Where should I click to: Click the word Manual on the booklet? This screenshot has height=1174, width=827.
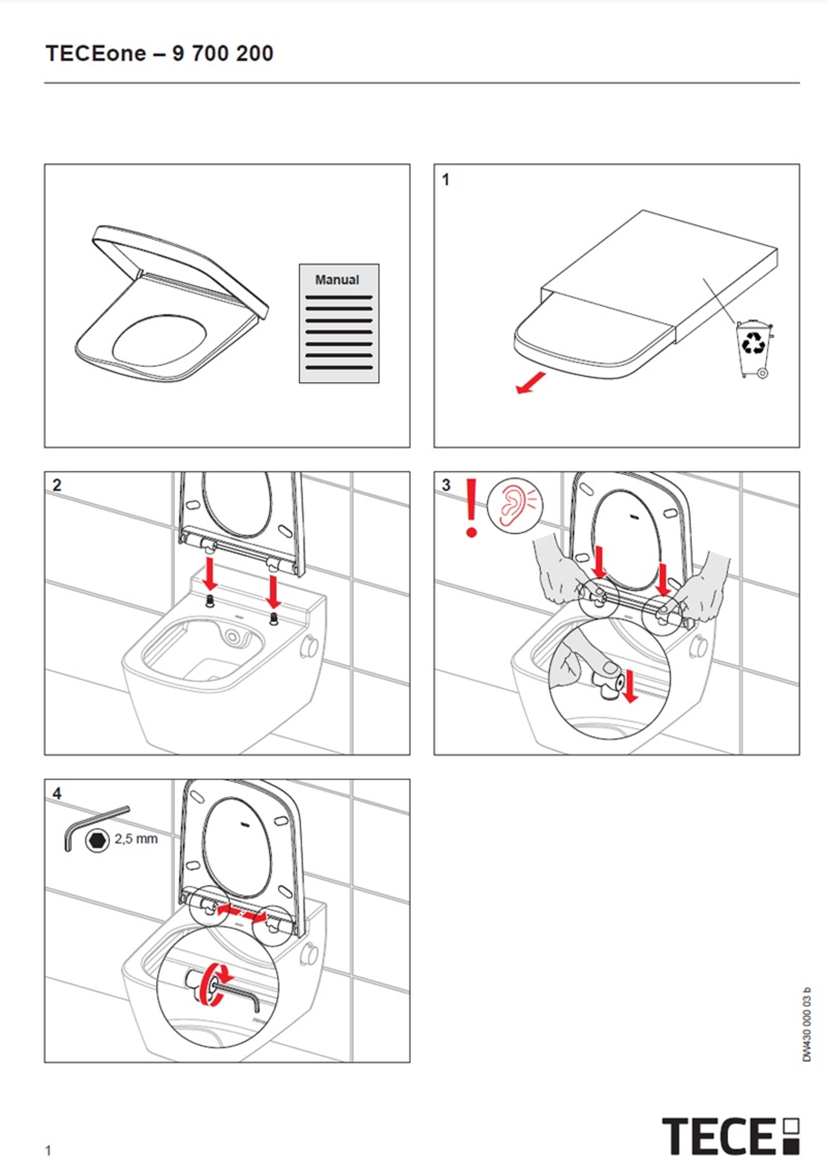(x=337, y=280)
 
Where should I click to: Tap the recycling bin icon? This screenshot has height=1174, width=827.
(x=754, y=349)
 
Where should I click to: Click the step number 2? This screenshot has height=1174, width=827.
(x=57, y=485)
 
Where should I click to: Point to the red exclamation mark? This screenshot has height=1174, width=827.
(x=471, y=508)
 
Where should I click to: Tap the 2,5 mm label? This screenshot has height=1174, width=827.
(x=136, y=839)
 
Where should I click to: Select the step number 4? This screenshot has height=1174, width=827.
(x=57, y=794)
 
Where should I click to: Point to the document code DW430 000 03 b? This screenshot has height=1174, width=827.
(x=807, y=1024)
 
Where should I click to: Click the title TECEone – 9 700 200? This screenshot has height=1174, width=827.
(x=160, y=53)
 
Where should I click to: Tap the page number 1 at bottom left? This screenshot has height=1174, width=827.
(x=48, y=1151)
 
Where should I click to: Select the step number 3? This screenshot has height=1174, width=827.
(x=446, y=485)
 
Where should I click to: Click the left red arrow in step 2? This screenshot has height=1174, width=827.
(x=209, y=574)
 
